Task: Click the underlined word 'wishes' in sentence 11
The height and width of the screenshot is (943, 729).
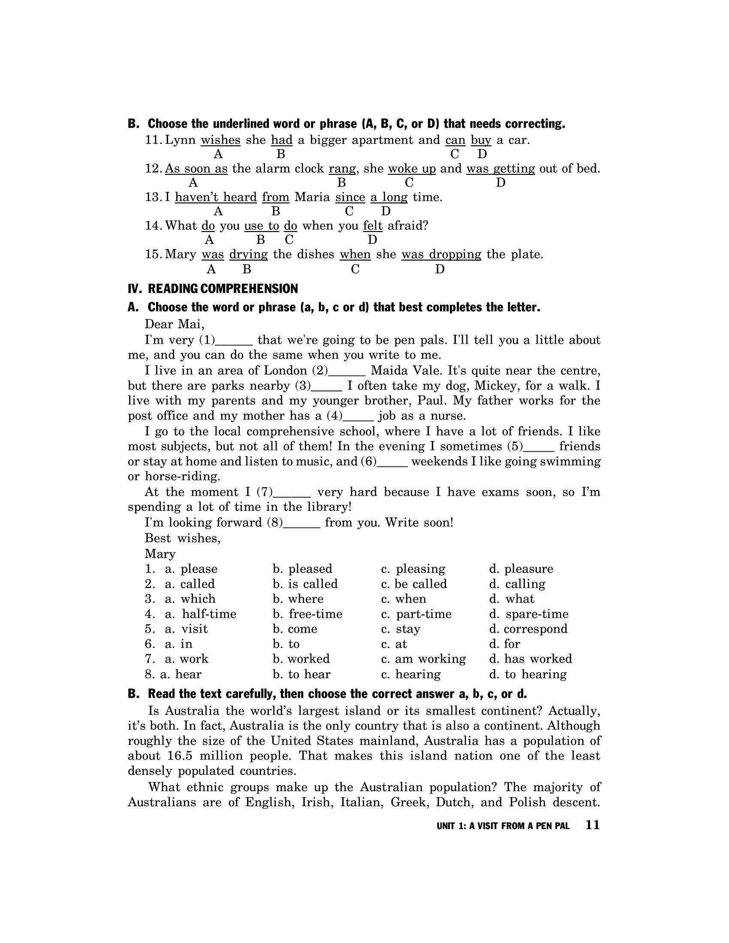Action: click(x=220, y=140)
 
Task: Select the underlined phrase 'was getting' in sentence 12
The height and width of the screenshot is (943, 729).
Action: click(x=500, y=168)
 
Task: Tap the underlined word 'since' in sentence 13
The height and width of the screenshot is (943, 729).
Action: click(x=350, y=197)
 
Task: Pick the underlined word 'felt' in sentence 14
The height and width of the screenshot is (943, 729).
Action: click(x=373, y=226)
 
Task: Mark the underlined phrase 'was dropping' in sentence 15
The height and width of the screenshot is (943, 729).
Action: click(x=441, y=254)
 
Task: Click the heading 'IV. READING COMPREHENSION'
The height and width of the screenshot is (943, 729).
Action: click(x=213, y=288)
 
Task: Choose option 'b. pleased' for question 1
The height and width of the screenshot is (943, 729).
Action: click(x=302, y=569)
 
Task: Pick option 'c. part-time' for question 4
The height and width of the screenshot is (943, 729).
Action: click(x=416, y=614)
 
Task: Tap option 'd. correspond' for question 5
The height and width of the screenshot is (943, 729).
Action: click(x=528, y=629)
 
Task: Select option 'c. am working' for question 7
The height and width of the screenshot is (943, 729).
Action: click(x=423, y=659)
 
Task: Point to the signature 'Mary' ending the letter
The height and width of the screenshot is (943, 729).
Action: click(x=160, y=554)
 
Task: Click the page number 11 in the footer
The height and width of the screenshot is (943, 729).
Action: click(x=593, y=825)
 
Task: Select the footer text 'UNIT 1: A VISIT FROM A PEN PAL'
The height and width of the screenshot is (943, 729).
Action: click(x=503, y=826)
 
